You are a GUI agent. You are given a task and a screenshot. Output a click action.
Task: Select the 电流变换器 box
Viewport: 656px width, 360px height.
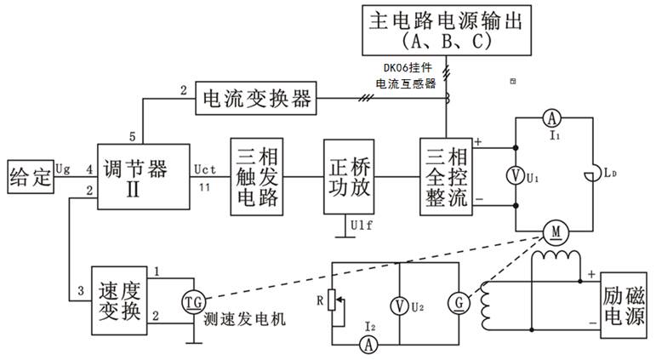tap(256, 100)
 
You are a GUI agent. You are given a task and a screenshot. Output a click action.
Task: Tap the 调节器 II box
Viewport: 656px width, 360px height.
tap(143, 177)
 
